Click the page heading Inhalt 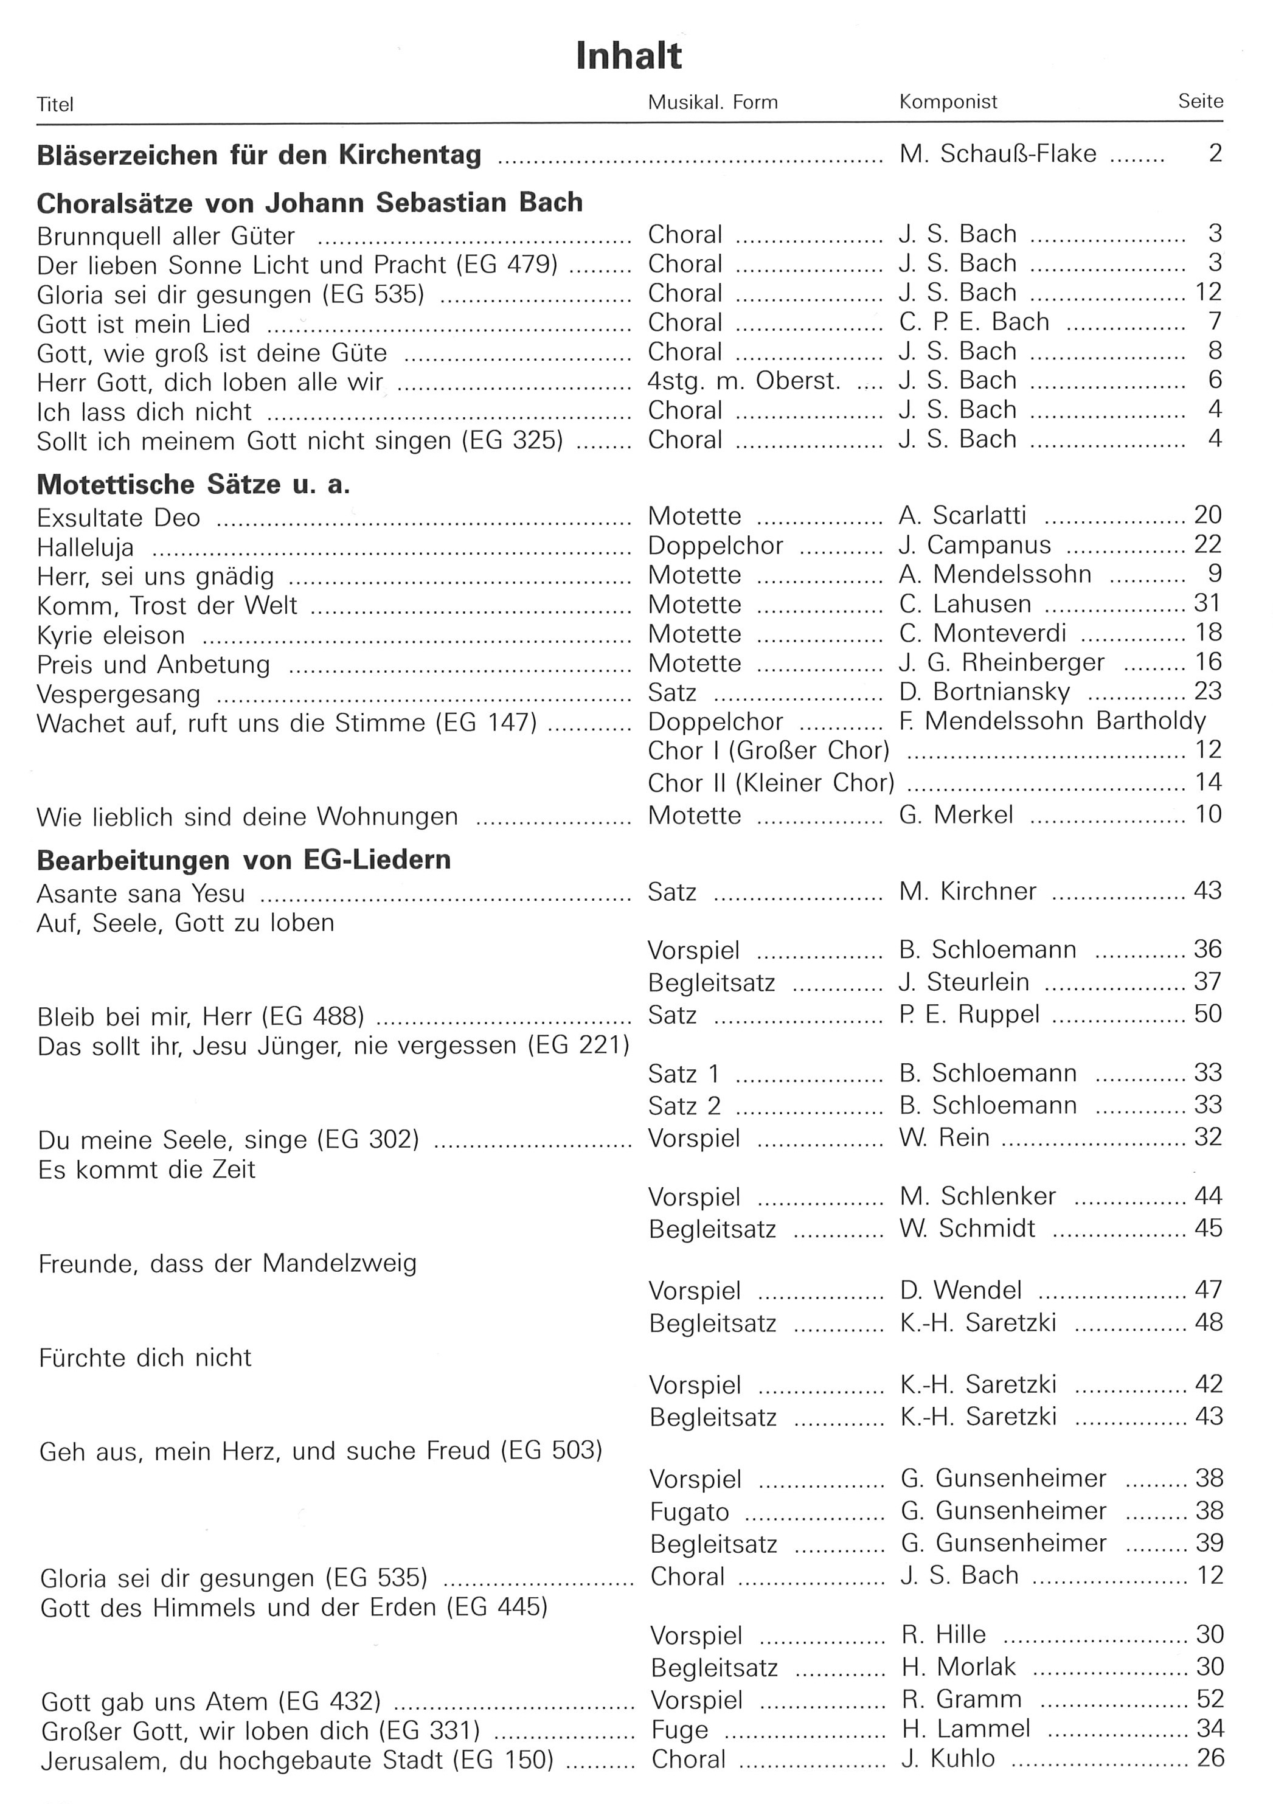pos(629,57)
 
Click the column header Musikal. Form pos(712,102)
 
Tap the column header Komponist pos(948,102)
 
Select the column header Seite pos(1200,102)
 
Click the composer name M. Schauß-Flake pos(997,154)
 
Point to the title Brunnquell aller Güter pos(166,236)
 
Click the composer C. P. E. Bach pos(974,322)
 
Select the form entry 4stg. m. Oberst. pos(743,381)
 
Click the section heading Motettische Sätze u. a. pos(193,485)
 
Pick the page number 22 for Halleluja pos(1208,544)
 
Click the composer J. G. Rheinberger pos(1001,662)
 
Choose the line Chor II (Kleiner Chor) pos(771,783)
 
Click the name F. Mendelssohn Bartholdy pos(1052,721)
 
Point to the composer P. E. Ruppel pos(969,1015)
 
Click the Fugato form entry pos(689,1511)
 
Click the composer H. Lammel pos(966,1729)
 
